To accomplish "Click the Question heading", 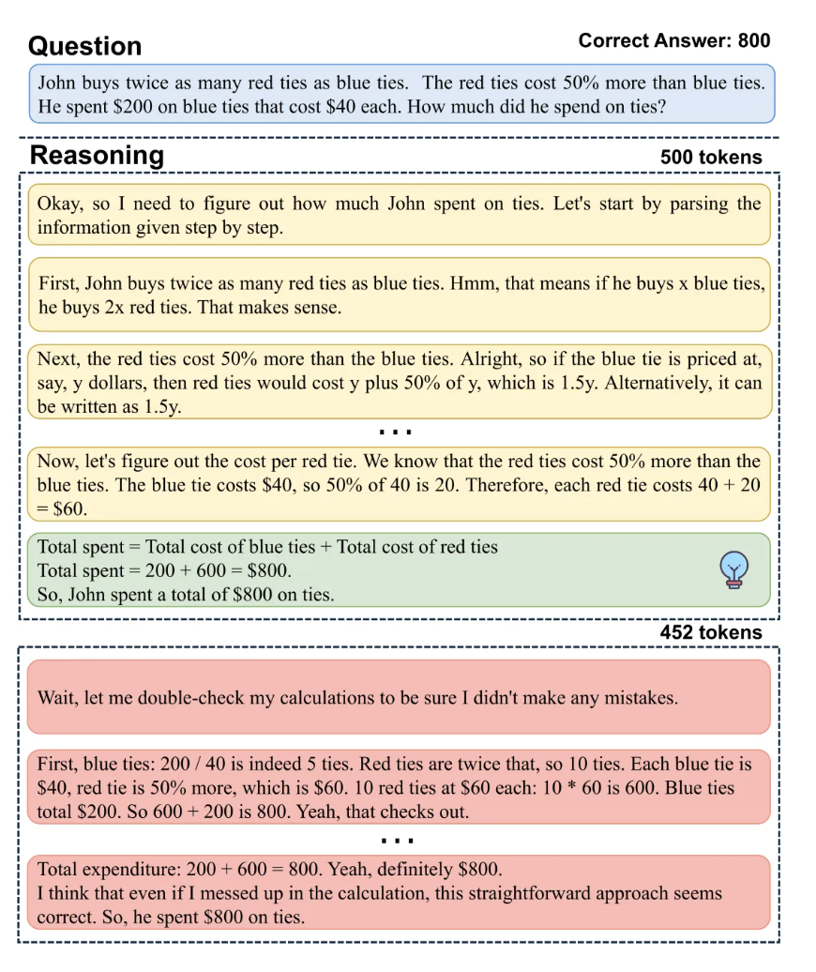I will point(85,46).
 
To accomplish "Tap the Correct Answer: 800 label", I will point(673,40).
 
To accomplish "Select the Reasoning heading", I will point(97,156).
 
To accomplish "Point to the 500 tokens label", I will point(711,158).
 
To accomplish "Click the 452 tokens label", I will point(711,632).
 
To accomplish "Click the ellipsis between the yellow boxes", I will point(395,433).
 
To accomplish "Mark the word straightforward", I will point(534,893).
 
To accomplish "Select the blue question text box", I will point(401,94).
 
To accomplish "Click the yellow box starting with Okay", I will point(400,216).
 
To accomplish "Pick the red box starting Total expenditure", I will point(400,892).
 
